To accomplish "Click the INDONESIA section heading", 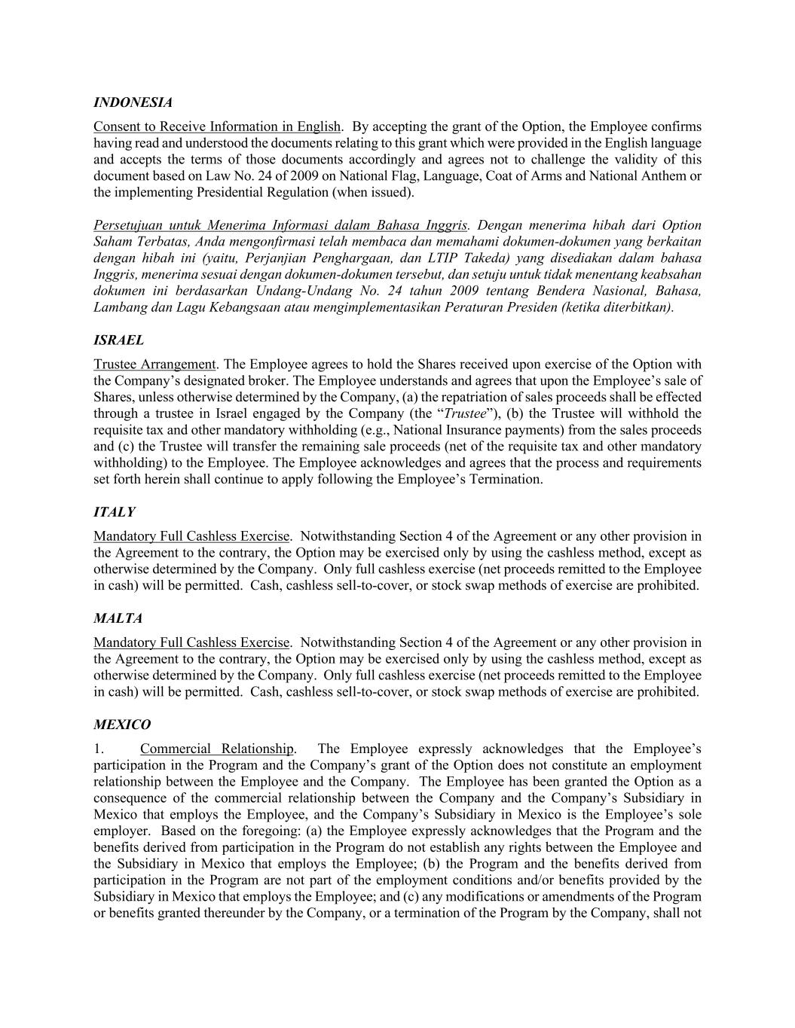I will [133, 102].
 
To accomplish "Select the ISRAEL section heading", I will [118, 340].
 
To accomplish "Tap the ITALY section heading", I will [114, 512].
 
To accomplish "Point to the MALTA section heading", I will [118, 618].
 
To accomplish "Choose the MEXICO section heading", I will [121, 724].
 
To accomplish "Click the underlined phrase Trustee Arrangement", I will [154, 365].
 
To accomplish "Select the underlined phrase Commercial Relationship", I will [216, 749].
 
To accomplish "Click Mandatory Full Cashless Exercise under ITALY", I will [191, 536].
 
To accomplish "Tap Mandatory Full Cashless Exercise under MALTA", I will [191, 642].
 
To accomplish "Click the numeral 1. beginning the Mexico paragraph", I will [99, 749].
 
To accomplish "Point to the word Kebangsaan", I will [216, 307].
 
